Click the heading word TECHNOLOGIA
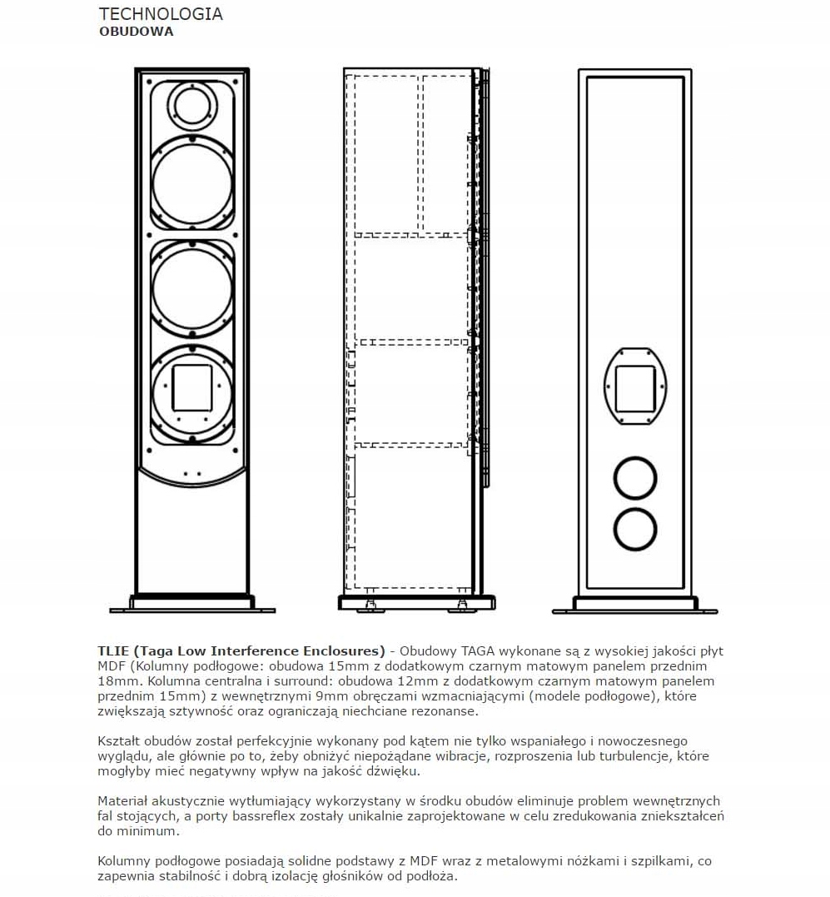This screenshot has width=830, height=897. pos(161,14)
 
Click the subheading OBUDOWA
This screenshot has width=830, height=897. pos(137,32)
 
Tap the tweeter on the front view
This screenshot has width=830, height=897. pos(192,105)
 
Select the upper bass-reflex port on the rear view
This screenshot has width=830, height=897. pos(635,478)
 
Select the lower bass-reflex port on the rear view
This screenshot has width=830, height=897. pos(635,530)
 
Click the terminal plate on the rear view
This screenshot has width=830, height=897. pos(635,386)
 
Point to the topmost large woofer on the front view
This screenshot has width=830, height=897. pos(192,180)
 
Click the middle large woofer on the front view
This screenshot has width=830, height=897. pos(192,287)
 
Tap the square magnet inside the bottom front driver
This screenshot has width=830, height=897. pos(192,386)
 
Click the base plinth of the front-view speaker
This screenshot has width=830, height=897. pos(192,603)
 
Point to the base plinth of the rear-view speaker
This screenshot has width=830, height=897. pos(635,605)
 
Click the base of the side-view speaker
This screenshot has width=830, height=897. pos(415,602)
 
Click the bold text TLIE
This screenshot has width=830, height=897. pos(113,650)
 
